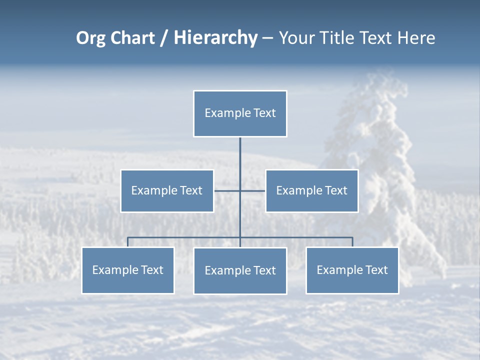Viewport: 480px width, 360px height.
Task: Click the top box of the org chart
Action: pyautogui.click(x=240, y=113)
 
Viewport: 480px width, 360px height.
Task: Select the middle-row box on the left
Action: pyautogui.click(x=167, y=191)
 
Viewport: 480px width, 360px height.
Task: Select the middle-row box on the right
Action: pyautogui.click(x=311, y=191)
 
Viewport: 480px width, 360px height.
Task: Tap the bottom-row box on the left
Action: pyautogui.click(x=128, y=270)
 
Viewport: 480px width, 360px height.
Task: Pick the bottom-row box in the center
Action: pyautogui.click(x=240, y=271)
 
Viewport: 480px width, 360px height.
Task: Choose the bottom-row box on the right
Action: pyautogui.click(x=352, y=270)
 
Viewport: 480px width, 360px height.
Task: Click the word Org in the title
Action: pyautogui.click(x=90, y=38)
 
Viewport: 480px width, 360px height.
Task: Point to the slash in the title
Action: pyautogui.click(x=164, y=38)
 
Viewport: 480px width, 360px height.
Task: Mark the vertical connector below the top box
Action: pyautogui.click(x=240, y=160)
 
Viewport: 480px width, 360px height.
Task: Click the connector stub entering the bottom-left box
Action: pyautogui.click(x=128, y=242)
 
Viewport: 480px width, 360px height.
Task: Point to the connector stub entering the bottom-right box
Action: pyautogui.click(x=352, y=242)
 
